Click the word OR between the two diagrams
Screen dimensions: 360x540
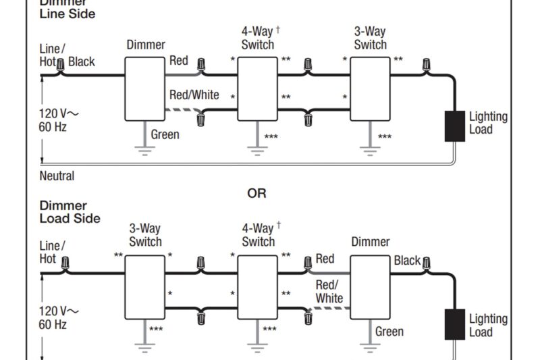click(256, 193)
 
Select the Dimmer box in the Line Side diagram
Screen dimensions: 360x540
click(144, 88)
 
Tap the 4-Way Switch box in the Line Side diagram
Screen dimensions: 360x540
click(257, 88)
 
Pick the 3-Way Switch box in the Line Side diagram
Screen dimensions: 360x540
click(370, 88)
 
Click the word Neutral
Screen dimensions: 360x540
click(57, 176)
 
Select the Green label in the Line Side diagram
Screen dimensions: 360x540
click(165, 134)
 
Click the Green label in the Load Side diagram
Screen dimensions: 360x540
click(389, 332)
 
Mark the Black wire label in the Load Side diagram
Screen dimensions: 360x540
click(407, 261)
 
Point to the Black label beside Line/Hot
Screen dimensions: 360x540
click(82, 62)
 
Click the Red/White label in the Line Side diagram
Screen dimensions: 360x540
click(194, 95)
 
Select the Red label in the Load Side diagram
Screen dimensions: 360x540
click(325, 259)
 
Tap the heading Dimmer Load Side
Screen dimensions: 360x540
click(70, 212)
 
